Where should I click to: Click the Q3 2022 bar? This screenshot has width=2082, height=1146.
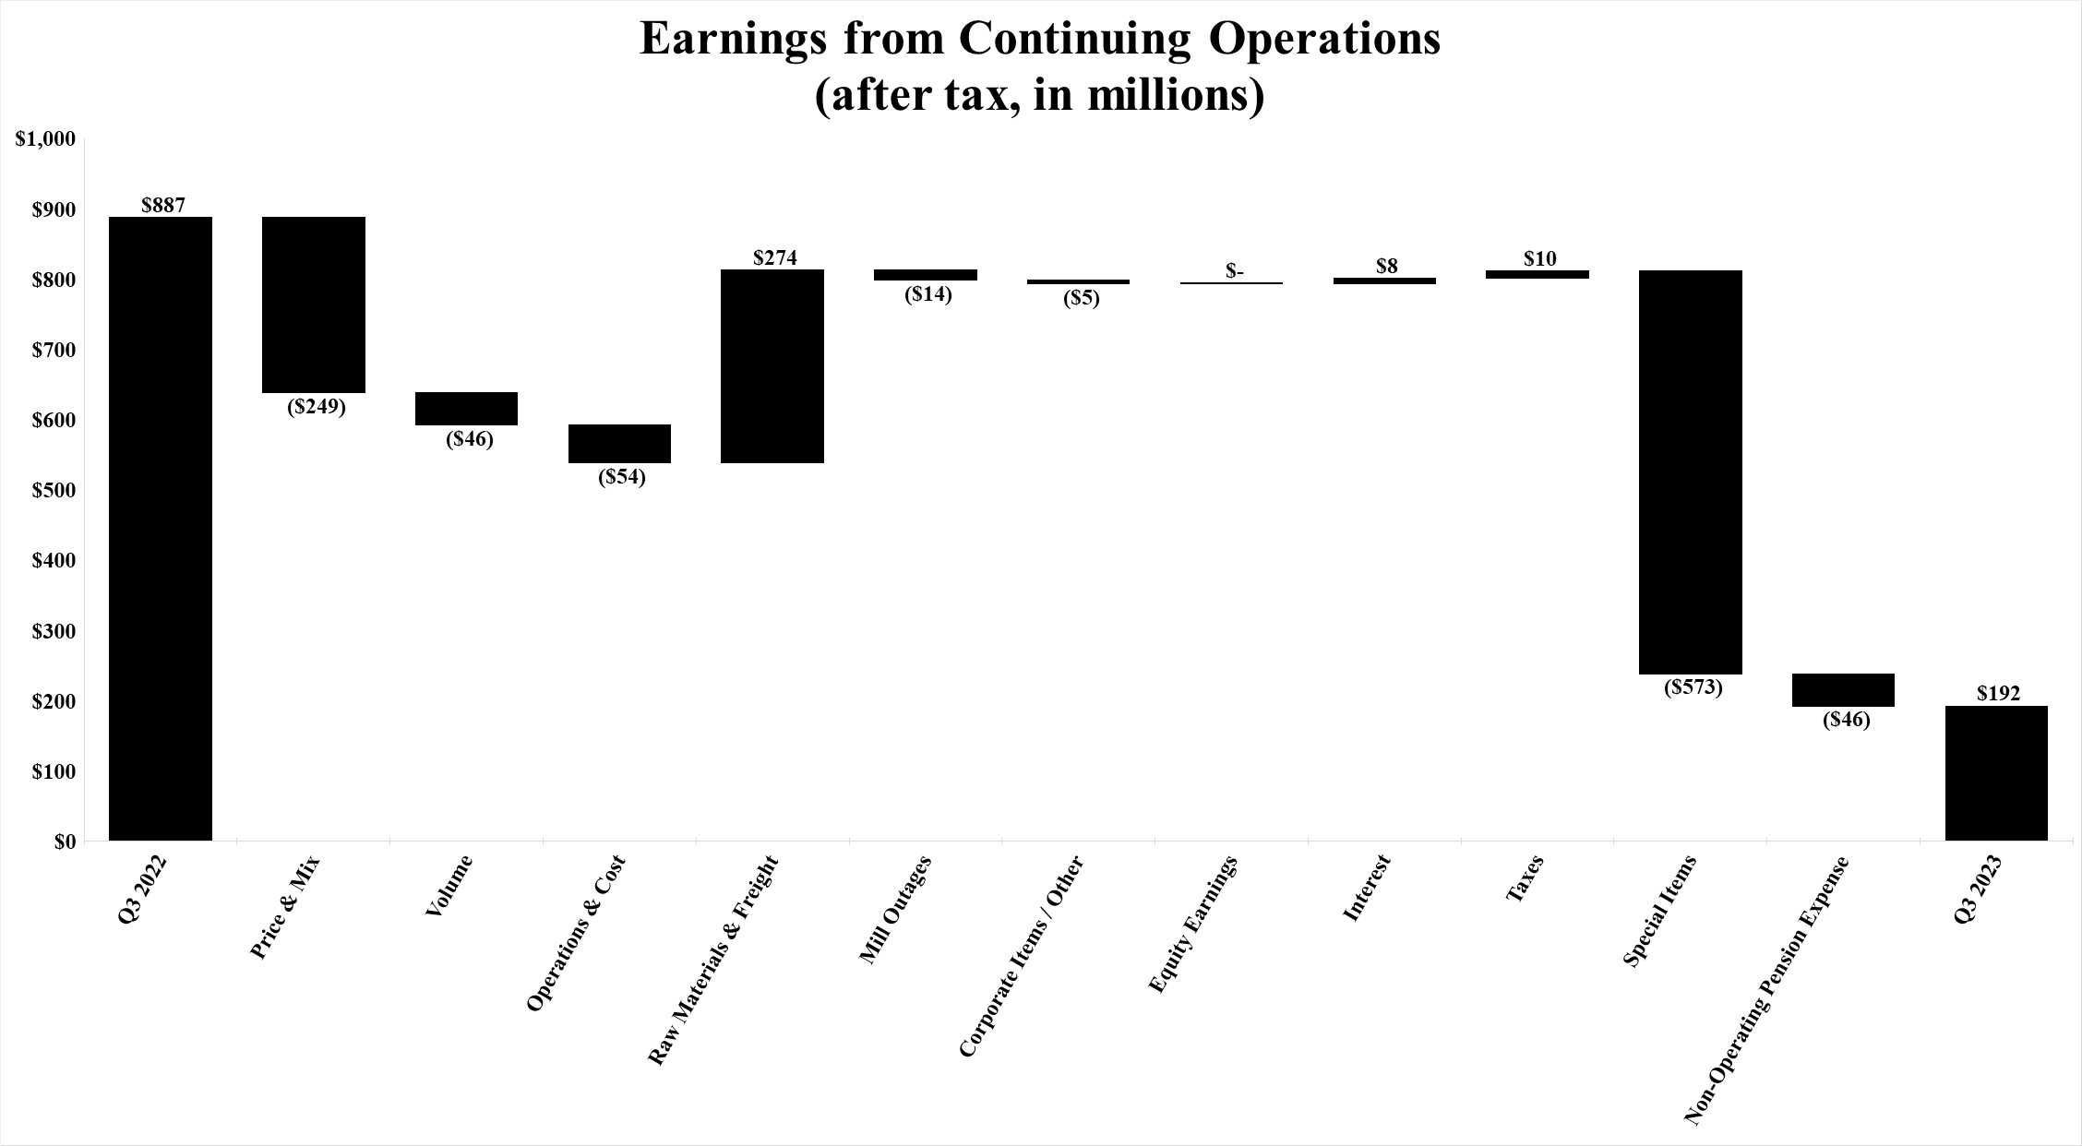click(x=161, y=528)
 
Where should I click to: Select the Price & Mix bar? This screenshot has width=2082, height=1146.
click(x=314, y=304)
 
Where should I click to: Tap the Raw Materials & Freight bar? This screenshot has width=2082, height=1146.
click(x=772, y=365)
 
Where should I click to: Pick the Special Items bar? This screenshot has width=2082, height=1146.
click(x=1691, y=472)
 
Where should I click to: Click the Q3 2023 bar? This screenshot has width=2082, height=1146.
click(x=1996, y=772)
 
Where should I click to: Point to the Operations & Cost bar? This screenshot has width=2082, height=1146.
click(x=619, y=443)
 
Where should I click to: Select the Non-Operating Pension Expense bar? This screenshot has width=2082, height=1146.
click(x=1843, y=690)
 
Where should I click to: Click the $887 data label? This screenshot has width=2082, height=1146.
click(x=163, y=205)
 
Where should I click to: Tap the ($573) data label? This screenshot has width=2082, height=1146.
click(x=1693, y=687)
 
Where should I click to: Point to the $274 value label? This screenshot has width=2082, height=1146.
click(x=775, y=257)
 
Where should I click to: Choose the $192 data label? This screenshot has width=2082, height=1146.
click(x=1998, y=694)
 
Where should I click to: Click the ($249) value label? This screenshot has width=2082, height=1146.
click(x=316, y=407)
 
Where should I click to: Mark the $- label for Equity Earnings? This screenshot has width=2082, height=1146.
click(x=1235, y=271)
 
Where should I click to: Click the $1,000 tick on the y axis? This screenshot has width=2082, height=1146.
click(x=44, y=139)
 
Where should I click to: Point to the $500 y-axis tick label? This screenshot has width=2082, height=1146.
click(x=50, y=490)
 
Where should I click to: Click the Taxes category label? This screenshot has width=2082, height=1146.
click(x=1524, y=881)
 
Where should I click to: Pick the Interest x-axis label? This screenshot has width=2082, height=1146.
click(x=1366, y=889)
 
